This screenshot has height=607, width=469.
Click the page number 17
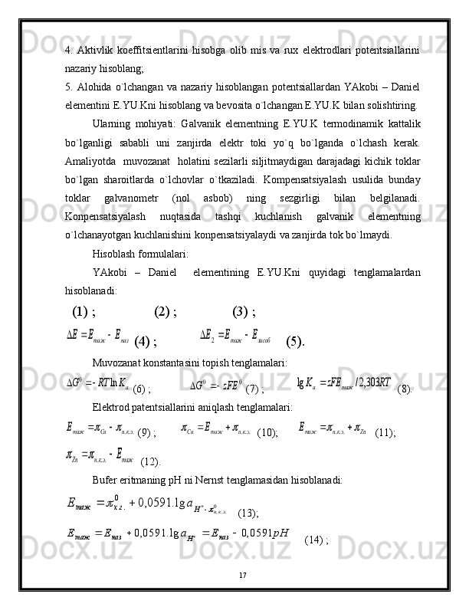(x=241, y=574)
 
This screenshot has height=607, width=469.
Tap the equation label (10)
(x=267, y=433)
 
